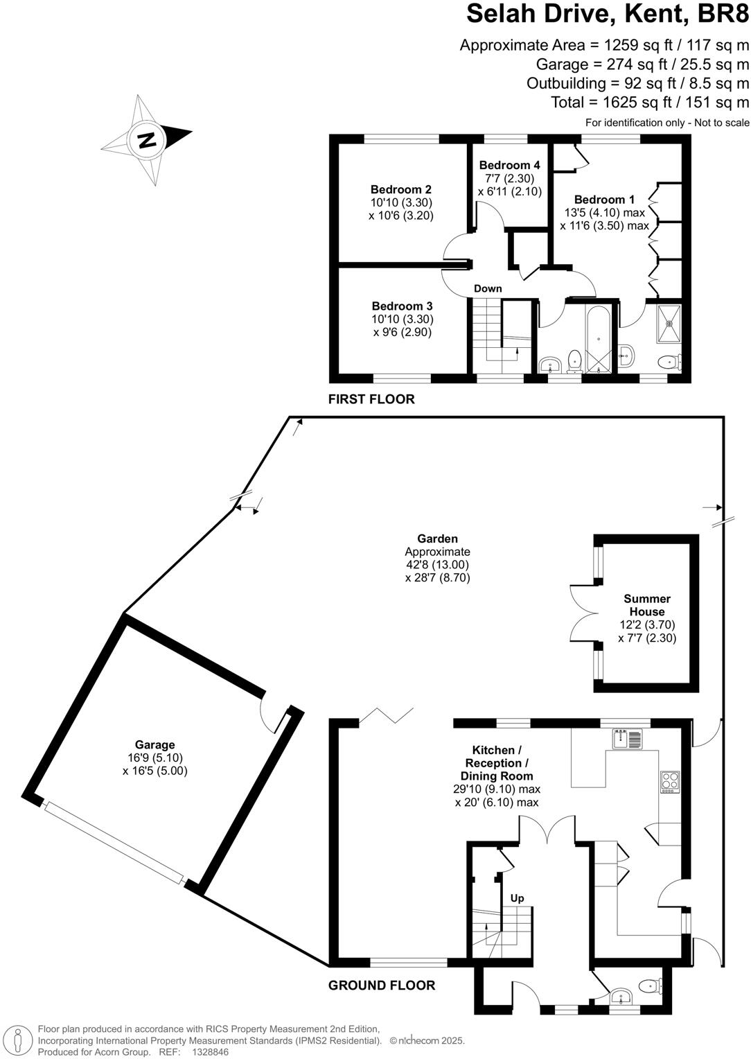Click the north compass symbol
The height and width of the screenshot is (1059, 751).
click(x=146, y=140)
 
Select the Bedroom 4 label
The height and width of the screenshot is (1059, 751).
click(x=509, y=165)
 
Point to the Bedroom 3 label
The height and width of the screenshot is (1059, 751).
click(x=402, y=306)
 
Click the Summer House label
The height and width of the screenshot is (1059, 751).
click(x=646, y=605)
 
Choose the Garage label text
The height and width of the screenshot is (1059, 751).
click(x=154, y=745)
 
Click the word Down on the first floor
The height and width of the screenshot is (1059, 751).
click(x=488, y=288)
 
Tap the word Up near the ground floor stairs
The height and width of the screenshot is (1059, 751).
click(x=517, y=898)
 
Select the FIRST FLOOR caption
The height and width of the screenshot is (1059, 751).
click(x=371, y=399)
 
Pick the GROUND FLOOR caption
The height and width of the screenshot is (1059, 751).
click(x=382, y=985)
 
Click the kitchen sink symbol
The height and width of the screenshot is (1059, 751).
click(x=628, y=739)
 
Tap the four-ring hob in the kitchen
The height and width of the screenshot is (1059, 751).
click(x=670, y=782)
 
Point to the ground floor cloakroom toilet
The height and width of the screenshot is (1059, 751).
click(x=651, y=985)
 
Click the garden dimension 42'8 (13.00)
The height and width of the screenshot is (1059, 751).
click(x=437, y=565)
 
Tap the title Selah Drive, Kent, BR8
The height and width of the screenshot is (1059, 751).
click(x=608, y=14)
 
